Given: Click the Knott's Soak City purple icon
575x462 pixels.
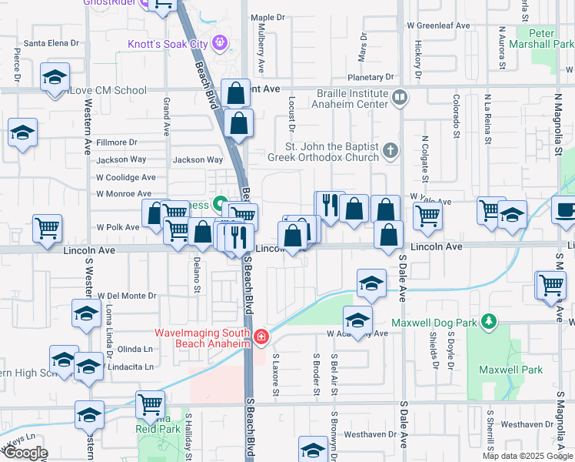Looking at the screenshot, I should coord(221,42).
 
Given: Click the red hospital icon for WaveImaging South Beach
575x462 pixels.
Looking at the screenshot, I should coord(262,336).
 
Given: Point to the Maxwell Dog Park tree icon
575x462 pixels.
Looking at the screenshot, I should coord(487,321).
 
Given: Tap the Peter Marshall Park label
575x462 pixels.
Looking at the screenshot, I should coord(552,38).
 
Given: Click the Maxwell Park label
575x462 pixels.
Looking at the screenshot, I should coord(510,370).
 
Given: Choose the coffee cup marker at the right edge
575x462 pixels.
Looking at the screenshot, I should coord(565,209).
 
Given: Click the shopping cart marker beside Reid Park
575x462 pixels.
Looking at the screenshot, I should coord(150,403).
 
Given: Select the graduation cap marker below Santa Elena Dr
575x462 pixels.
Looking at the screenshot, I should coord(55,78).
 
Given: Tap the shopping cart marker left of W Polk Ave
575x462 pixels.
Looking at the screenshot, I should coord(48,227).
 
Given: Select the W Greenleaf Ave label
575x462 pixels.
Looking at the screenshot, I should coord(438,25).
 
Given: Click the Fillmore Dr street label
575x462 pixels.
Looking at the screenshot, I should coord(117,142).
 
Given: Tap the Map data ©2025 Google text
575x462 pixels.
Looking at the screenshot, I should coord(527,456).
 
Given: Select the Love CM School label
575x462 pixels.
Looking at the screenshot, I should coord(108,91).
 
